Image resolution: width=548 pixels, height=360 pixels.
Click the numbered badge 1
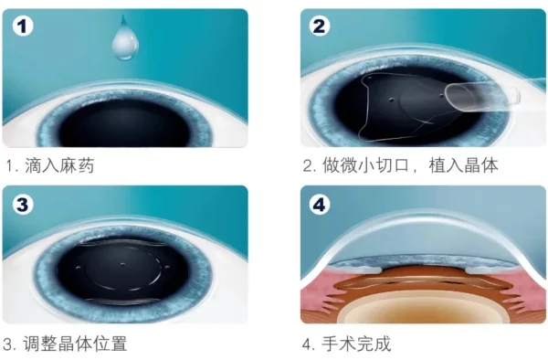point(23,26)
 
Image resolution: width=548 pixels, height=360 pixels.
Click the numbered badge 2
point(319,26)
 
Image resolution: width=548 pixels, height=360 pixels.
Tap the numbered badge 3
point(23,204)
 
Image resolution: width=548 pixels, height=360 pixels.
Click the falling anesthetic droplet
point(125,39)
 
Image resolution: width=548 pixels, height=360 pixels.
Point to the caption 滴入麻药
point(59,165)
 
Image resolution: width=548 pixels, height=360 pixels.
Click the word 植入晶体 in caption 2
point(463,165)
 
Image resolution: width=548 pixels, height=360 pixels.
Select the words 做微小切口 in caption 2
point(365,165)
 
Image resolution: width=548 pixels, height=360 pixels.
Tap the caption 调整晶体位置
point(75,344)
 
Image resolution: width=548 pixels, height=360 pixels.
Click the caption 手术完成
point(356,344)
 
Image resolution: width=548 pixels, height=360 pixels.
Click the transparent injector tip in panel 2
point(482,95)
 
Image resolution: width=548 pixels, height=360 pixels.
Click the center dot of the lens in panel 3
point(122,264)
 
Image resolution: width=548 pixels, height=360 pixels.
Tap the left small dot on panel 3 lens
point(79,268)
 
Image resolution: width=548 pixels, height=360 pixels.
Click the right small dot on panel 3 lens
point(167,268)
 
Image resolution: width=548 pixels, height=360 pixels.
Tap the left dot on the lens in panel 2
point(392,100)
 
